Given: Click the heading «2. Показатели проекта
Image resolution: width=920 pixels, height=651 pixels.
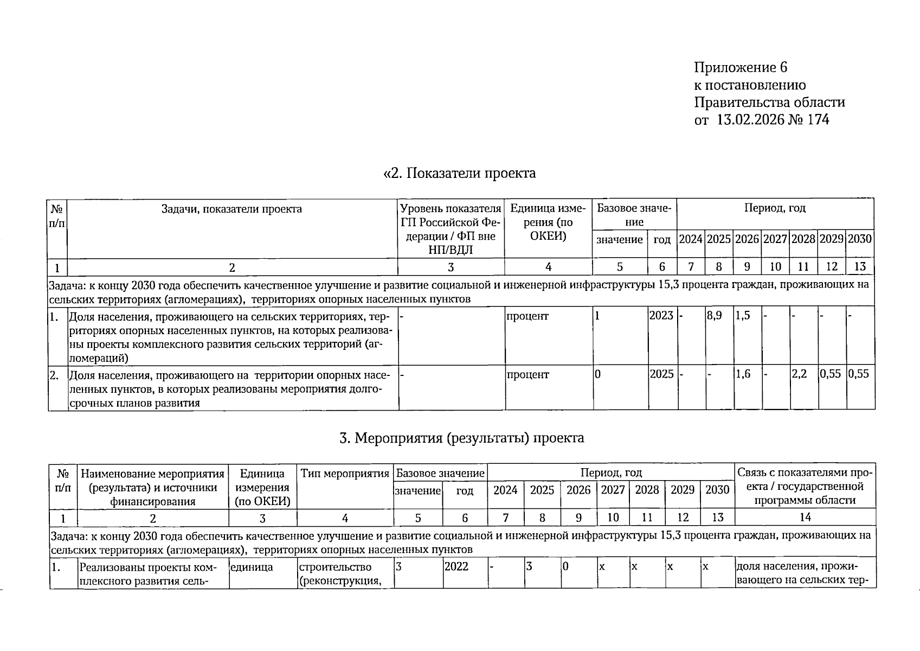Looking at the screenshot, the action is click(x=459, y=173).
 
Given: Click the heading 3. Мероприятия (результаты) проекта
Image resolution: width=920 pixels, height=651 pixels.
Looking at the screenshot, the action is click(x=461, y=438).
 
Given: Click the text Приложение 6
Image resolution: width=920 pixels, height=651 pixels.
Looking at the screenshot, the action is click(x=740, y=67).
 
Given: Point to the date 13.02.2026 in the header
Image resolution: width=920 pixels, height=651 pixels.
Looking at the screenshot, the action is click(x=750, y=119).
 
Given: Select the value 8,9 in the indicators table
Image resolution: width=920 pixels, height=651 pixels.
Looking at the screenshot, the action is click(x=714, y=316).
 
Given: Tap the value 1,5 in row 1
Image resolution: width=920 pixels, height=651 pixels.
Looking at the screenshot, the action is click(x=743, y=316).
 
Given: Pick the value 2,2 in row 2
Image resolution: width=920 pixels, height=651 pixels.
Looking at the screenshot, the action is click(x=799, y=374).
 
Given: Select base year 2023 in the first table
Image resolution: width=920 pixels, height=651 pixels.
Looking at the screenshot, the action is click(x=661, y=316).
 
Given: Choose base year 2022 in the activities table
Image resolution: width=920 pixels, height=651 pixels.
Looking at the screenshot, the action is click(x=456, y=567).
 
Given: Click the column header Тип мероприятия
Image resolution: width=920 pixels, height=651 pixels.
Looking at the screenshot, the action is click(x=345, y=474).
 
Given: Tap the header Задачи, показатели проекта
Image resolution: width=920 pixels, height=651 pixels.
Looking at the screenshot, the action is click(x=231, y=209).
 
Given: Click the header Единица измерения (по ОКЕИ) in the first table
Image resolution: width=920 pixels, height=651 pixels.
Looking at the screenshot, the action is click(x=548, y=222).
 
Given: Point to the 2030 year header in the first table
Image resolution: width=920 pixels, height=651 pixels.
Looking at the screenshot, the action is click(x=859, y=239).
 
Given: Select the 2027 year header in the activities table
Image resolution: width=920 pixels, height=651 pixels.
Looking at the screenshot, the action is click(x=613, y=490).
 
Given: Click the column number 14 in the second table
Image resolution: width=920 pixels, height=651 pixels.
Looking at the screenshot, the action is click(x=805, y=517).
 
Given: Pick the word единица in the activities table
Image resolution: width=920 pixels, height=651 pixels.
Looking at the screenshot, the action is click(x=252, y=567).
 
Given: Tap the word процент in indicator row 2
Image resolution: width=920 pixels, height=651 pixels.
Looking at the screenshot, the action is click(x=527, y=374).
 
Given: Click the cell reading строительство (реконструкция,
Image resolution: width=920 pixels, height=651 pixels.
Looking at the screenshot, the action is click(x=335, y=574).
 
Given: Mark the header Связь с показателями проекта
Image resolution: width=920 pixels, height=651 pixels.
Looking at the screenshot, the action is click(x=805, y=487).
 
